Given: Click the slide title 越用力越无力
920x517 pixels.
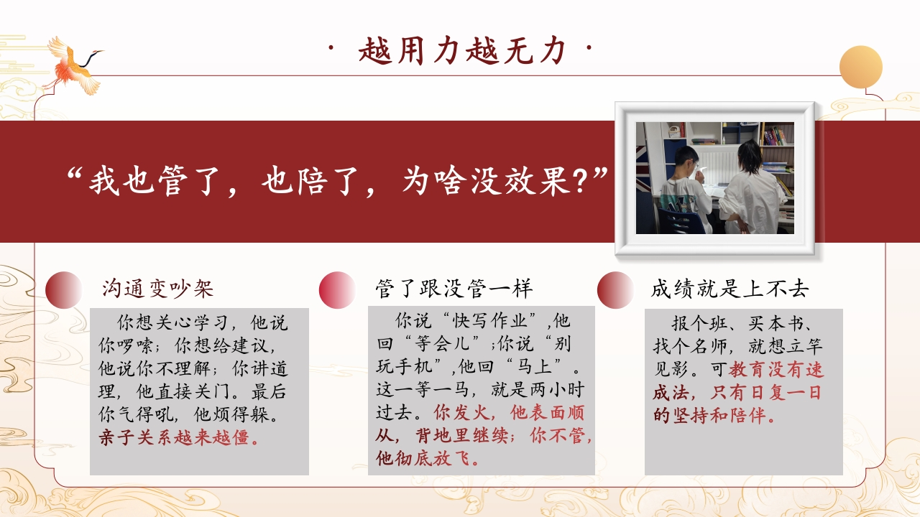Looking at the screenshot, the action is click(x=461, y=50).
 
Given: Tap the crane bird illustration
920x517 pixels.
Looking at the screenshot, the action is click(x=74, y=65).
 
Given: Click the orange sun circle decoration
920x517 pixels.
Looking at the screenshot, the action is click(x=861, y=67).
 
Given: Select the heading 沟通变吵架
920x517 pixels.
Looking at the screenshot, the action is click(x=157, y=289).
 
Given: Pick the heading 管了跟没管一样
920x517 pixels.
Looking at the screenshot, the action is click(x=454, y=288).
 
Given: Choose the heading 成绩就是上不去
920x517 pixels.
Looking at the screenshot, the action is click(x=730, y=289).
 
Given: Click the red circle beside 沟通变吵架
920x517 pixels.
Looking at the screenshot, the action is click(x=64, y=289).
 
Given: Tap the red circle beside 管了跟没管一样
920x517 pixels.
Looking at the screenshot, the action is click(x=337, y=289).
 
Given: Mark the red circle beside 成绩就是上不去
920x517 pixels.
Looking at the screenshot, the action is click(x=616, y=289).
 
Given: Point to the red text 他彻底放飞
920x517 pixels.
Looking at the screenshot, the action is click(x=427, y=458).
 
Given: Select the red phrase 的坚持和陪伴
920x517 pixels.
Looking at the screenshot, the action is click(x=714, y=416).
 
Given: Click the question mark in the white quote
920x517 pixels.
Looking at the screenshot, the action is click(x=580, y=182).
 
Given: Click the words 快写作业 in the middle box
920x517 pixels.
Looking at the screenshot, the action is click(x=490, y=320).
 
